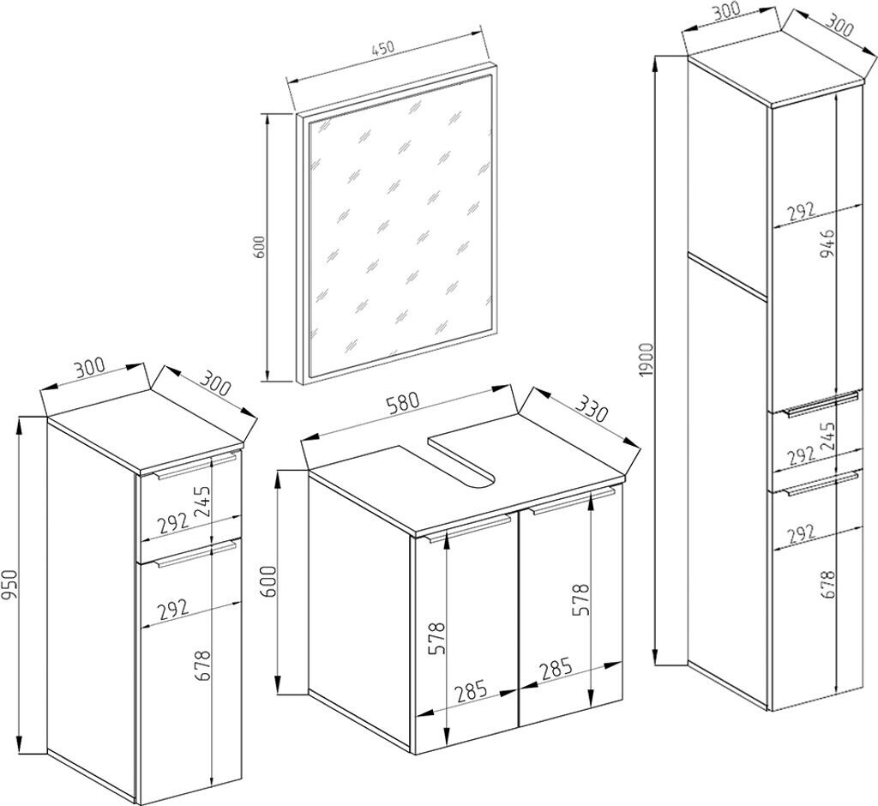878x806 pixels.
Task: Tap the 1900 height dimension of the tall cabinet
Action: (x=646, y=359)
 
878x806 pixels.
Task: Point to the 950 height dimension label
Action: (x=12, y=585)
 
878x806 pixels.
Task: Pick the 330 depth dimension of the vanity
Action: (x=592, y=409)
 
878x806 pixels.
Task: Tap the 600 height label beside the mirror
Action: (x=259, y=246)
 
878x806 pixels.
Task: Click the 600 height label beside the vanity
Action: (x=268, y=582)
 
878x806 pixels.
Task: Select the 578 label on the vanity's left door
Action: (x=436, y=638)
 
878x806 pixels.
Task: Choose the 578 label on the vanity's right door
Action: (x=580, y=600)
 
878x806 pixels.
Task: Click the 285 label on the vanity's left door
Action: (x=471, y=692)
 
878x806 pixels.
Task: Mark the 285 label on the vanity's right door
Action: (x=556, y=668)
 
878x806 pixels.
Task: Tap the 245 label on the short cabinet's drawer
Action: (x=201, y=500)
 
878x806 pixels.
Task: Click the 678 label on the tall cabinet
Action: (x=829, y=585)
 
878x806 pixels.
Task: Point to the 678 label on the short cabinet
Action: (x=202, y=665)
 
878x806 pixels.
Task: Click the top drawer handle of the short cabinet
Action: (x=196, y=466)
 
